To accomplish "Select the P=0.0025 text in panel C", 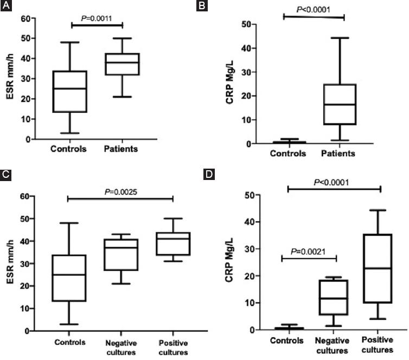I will (120, 190).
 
